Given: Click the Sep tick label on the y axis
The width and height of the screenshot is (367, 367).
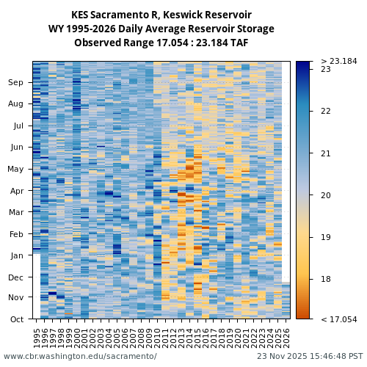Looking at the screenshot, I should coord(15,83).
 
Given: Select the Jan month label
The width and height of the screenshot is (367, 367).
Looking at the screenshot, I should coord(16,255).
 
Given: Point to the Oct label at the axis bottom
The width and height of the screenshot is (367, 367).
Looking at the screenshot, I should coord(16,319).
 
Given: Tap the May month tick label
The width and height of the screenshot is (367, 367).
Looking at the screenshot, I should coord(15,169).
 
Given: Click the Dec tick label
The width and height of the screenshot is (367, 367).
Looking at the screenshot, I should coord(15,277).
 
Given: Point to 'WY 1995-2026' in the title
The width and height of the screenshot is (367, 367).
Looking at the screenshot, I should coord(80,29).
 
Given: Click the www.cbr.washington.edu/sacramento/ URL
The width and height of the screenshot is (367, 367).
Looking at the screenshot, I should coord(80,356).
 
